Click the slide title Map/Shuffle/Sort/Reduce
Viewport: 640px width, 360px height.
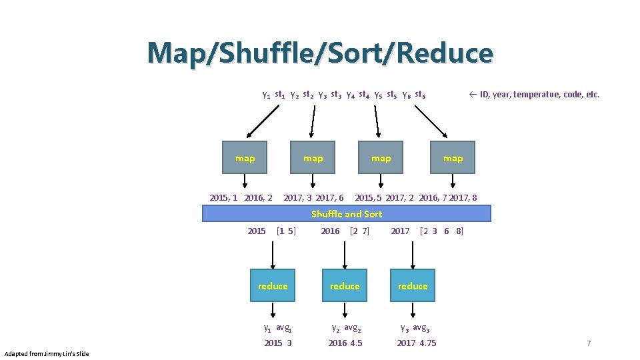point(320,53)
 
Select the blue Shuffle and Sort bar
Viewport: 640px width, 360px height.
point(347,213)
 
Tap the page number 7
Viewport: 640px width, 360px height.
point(589,343)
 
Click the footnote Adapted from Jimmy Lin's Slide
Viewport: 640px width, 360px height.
point(47,353)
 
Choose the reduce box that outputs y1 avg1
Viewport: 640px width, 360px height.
point(273,286)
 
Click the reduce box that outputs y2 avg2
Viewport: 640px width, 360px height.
point(345,286)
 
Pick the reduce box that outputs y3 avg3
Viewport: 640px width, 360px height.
point(413,286)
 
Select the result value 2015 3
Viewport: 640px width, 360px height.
point(278,343)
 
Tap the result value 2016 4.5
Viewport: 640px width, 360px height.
point(345,343)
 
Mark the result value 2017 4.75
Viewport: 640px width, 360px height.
point(417,343)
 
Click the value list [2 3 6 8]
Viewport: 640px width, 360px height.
point(441,231)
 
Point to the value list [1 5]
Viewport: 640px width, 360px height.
point(286,231)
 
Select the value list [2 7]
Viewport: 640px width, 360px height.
point(359,231)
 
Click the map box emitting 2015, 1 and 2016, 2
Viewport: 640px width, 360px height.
point(245,158)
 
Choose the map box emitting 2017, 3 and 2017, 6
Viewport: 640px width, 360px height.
point(313,158)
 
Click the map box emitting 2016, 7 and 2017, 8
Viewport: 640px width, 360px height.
point(453,158)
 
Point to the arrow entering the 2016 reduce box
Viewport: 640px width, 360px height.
point(345,255)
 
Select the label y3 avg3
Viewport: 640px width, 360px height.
point(415,327)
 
